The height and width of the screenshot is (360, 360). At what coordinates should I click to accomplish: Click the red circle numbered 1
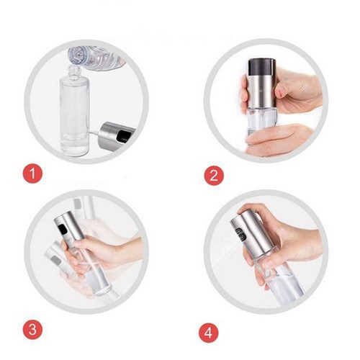(32, 174)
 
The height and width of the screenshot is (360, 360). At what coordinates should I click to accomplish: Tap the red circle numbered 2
(214, 175)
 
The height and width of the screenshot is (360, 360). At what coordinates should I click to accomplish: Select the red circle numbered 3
(32, 329)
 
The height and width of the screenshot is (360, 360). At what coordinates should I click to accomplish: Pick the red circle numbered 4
(209, 333)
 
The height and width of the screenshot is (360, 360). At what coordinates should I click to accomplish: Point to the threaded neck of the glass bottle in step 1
(74, 71)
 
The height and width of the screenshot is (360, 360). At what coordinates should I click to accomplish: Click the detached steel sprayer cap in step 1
(117, 136)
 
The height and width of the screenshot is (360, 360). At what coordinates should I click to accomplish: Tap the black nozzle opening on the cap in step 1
(125, 136)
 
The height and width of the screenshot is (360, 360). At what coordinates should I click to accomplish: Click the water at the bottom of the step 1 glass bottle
(74, 145)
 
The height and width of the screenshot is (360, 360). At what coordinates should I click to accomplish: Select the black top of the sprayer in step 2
(262, 67)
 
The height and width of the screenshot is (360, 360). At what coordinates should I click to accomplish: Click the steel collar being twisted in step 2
(261, 91)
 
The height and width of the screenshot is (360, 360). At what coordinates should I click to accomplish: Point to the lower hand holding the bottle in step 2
(279, 140)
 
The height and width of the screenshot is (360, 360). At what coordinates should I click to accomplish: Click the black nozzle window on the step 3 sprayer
(63, 229)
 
